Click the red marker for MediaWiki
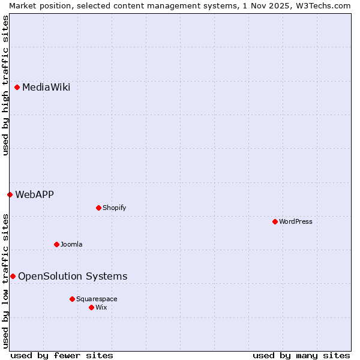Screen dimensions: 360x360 pos(17,88)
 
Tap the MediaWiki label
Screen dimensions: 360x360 pos(46,88)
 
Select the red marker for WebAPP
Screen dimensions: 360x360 pos(10,194)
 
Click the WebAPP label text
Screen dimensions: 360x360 pos(34,194)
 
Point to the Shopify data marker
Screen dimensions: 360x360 pos(98,208)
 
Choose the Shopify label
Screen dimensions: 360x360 pos(114,208)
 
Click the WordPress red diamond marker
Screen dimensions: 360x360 pos(275,221)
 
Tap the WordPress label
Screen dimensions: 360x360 pos(295,221)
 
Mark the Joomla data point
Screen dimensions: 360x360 pos(56,244)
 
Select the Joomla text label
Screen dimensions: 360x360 pos(71,244)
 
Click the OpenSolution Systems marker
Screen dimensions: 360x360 pos(13,276)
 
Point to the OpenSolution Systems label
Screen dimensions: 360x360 pos(73,276)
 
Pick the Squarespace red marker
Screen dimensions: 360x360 pos(72,299)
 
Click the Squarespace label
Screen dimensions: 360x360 pos(97,299)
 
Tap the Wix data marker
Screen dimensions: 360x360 pos(91,307)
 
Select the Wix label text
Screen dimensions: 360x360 pos(101,307)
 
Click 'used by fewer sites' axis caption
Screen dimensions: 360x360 pos(62,355)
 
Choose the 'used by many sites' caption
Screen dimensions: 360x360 pos(301,355)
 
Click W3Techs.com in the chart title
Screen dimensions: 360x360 pos(326,5)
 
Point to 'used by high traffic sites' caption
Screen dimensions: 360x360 pos(5,85)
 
